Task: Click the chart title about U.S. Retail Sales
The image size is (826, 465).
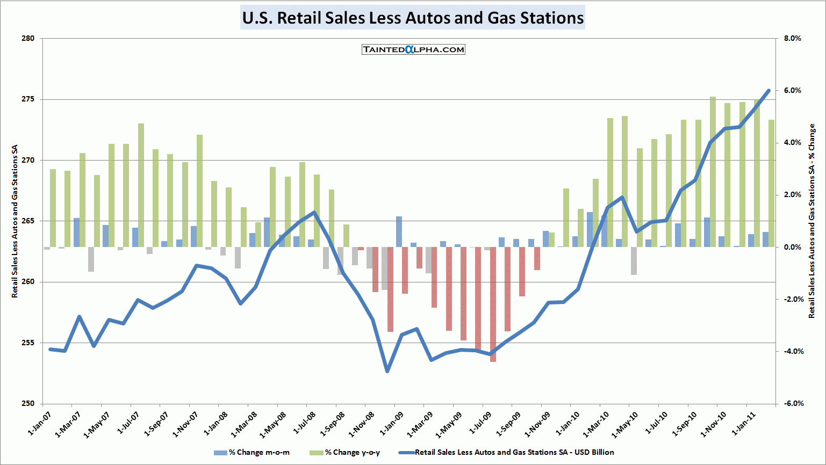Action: [x=413, y=18]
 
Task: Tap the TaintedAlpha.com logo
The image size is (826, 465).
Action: [x=413, y=49]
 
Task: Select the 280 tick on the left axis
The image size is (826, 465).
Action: [x=28, y=38]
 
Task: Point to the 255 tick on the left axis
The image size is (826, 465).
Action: [x=28, y=343]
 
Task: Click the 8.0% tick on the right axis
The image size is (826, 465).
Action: [x=792, y=38]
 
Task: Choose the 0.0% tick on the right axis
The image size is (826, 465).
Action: [x=792, y=247]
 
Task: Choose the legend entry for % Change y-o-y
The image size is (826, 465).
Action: [x=352, y=452]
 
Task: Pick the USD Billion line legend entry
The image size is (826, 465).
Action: [x=514, y=452]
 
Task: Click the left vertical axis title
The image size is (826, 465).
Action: [x=15, y=221]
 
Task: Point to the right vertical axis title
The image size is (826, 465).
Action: [x=811, y=221]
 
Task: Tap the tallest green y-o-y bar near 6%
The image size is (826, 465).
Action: [x=713, y=172]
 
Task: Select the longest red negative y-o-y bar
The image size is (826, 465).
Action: [x=493, y=304]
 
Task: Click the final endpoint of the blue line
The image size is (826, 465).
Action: [x=768, y=91]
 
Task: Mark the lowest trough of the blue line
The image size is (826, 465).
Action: [x=387, y=371]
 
